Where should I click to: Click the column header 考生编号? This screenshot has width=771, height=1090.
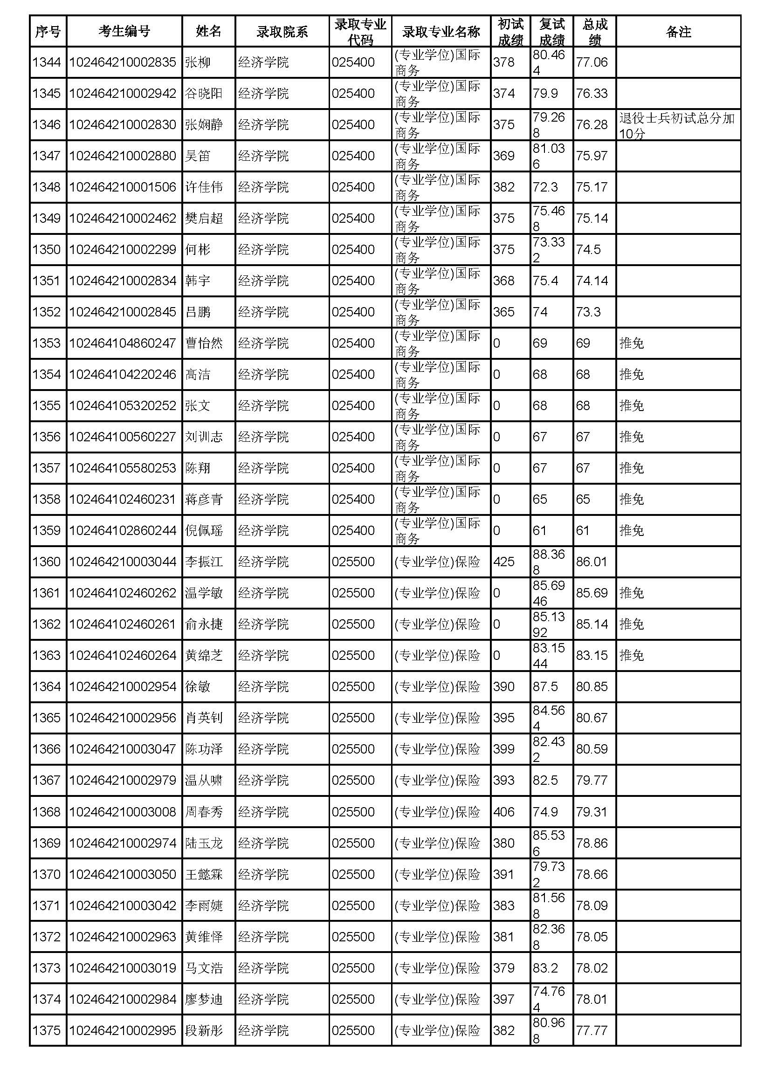point(124,31)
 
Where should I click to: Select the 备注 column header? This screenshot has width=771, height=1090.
point(678,31)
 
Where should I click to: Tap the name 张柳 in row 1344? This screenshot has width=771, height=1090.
point(198,62)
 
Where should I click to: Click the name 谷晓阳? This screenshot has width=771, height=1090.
point(204,94)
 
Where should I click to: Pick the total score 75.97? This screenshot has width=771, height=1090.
point(592,156)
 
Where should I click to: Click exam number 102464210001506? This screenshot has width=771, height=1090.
point(123,187)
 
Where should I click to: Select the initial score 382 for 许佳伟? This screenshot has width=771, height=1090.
point(504,187)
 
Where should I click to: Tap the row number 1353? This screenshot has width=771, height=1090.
point(47,343)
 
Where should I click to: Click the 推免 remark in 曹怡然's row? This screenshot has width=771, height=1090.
point(632,343)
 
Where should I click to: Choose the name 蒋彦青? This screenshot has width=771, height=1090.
point(204,500)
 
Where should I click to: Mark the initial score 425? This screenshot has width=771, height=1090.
point(504,562)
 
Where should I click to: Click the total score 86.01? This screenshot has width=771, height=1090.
point(592,562)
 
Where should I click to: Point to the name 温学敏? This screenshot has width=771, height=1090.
point(204,593)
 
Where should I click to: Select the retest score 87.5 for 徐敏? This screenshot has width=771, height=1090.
point(545,687)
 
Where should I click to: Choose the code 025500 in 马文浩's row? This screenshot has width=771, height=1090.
point(353,968)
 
